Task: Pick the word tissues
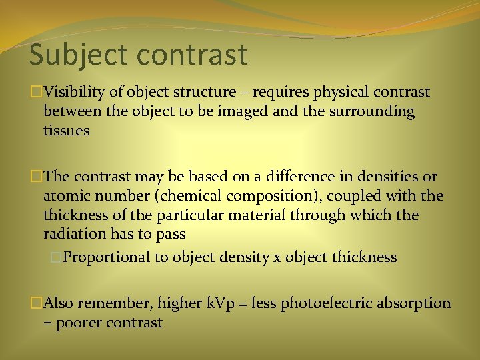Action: [x=66, y=131]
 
